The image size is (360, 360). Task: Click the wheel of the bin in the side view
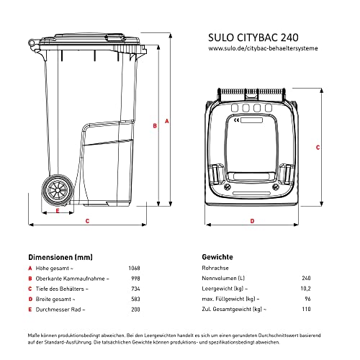pos(56,192)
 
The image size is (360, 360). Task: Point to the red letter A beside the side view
pos(168,122)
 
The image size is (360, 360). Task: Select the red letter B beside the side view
pos(154,125)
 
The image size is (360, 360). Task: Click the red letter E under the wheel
pos(57,212)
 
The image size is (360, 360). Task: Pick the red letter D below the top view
pos(252,220)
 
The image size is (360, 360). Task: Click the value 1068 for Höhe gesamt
pos(134,268)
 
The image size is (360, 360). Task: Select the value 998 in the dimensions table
pos(135,279)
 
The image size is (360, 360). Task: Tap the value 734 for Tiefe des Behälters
pos(135,289)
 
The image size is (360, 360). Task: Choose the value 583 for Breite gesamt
pos(135,299)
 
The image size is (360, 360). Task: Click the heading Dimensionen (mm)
pos(60,256)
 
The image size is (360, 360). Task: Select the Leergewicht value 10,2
pos(306,289)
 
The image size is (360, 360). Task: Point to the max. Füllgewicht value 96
pos(307,299)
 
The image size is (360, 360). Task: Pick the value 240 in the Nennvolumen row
pos(306,279)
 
